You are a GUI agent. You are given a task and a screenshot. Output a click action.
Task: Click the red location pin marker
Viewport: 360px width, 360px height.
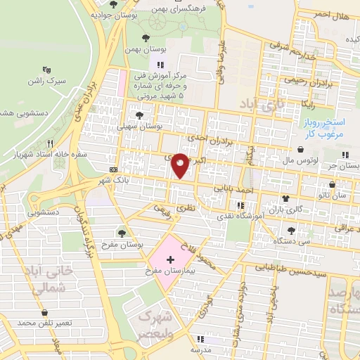coord(180,165)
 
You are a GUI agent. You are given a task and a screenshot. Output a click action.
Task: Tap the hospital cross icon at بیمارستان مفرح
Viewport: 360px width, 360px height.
coord(170,259)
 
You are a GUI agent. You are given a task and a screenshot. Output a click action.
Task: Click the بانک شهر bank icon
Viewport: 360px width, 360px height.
coord(114,169)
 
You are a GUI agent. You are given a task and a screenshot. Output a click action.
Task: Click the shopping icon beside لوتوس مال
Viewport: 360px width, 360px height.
coord(301,149)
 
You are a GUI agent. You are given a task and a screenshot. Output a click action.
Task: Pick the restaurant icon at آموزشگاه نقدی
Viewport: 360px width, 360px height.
coord(241,205)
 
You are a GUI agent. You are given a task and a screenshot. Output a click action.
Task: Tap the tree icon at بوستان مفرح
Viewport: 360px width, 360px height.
coord(122,232)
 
